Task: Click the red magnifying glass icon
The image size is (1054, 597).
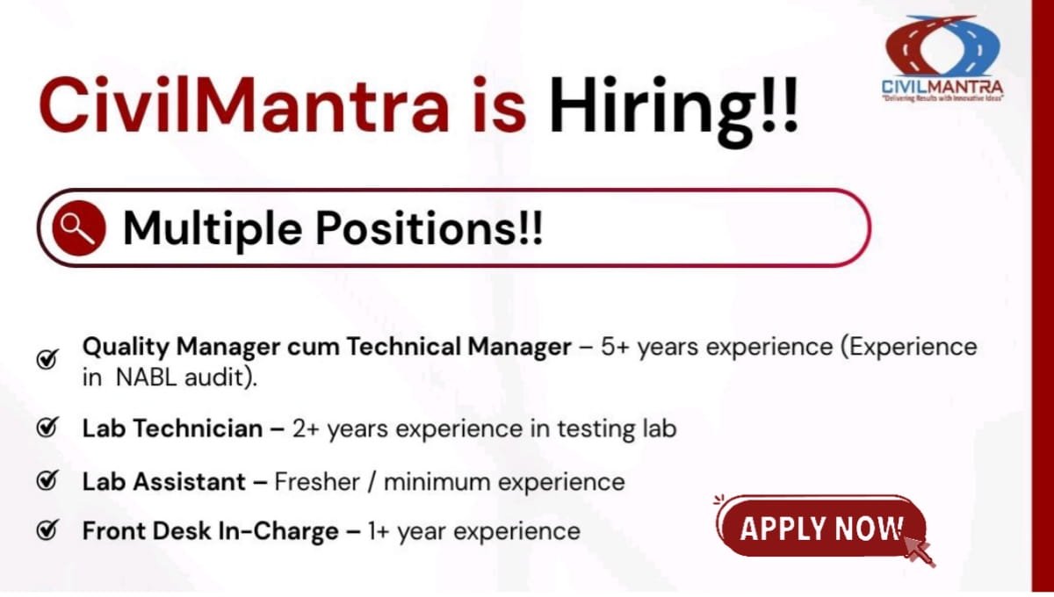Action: [78, 228]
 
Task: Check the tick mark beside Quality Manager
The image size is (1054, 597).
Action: [47, 359]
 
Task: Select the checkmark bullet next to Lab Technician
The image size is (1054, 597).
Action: [47, 428]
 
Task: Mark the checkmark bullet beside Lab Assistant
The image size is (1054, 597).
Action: [47, 480]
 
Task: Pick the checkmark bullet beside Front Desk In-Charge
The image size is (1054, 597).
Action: [47, 530]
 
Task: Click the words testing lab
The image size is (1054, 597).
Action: [621, 429]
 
